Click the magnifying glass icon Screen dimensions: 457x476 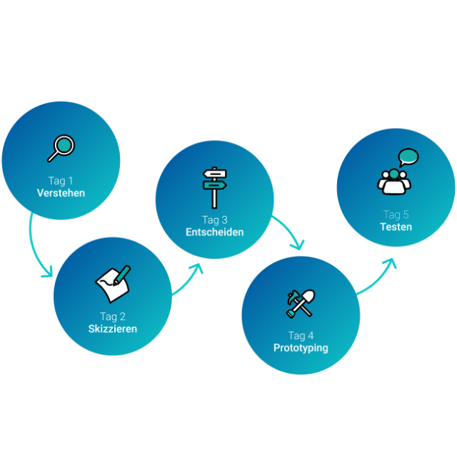click(x=61, y=148)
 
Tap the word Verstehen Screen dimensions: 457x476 click(x=61, y=193)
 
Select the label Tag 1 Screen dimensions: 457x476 click(x=61, y=181)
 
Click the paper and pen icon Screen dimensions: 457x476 click(x=113, y=284)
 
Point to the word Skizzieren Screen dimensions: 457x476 click(x=113, y=329)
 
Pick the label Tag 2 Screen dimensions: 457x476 click(x=113, y=317)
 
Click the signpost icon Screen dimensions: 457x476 click(x=215, y=187)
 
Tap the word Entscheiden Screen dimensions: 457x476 click(x=215, y=232)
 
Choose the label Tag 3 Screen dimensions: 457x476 click(x=215, y=220)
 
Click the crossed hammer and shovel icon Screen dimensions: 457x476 click(x=301, y=304)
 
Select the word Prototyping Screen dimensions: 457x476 click(x=301, y=348)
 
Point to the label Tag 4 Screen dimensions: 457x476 click(x=301, y=336)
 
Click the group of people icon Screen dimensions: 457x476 click(x=394, y=182)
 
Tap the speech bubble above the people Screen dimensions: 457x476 click(x=408, y=157)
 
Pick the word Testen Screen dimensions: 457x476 click(x=396, y=227)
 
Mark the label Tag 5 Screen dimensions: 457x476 click(x=396, y=214)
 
